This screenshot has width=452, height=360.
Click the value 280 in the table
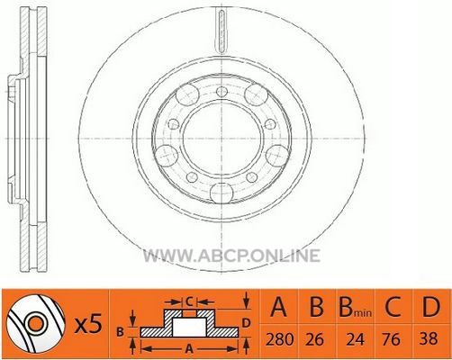pos(279,339)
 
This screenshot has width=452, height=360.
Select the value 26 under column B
pos(315,339)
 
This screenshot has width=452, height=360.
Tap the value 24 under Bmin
pos(356,339)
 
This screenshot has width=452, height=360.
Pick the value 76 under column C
pos(392,339)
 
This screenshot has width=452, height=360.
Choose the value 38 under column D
pos(429,339)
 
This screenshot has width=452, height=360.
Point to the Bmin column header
pos(356,307)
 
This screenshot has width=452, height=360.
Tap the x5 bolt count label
pos(88,325)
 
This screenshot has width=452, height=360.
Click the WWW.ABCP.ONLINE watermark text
pos(231,256)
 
